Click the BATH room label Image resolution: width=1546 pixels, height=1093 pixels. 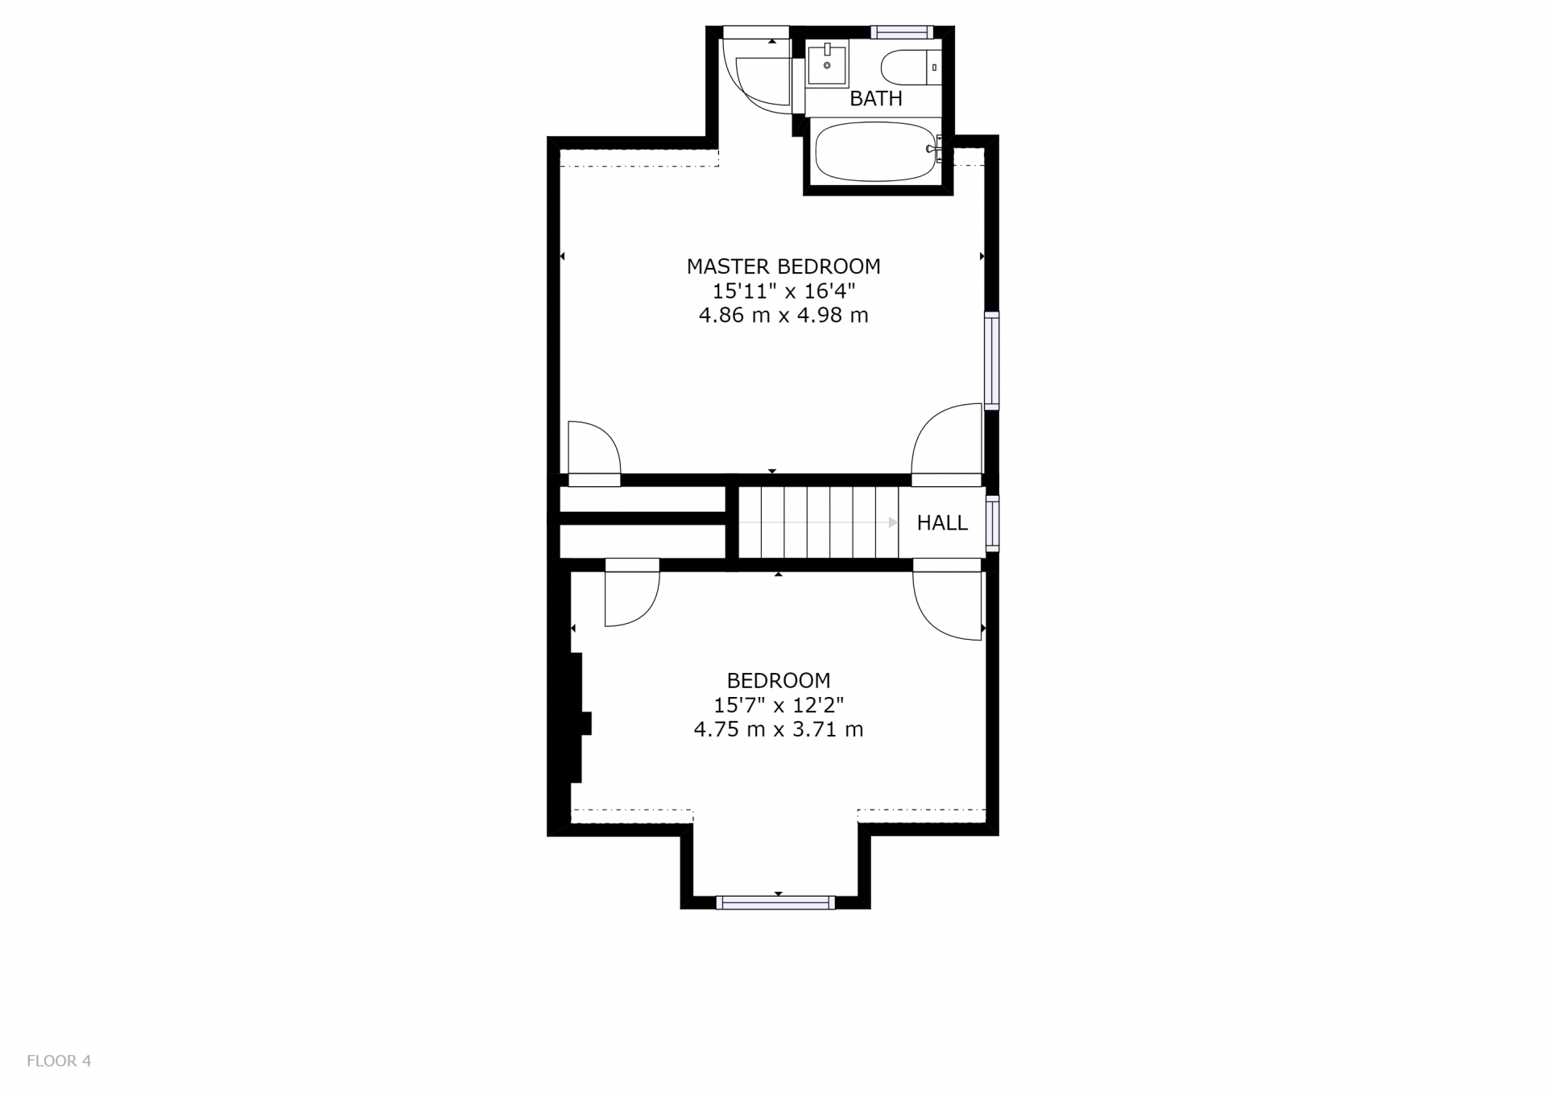click(876, 99)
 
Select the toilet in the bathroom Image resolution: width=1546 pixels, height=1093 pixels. click(911, 68)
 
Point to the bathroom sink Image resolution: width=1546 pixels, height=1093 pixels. click(828, 64)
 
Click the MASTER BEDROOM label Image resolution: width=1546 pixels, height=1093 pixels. click(783, 266)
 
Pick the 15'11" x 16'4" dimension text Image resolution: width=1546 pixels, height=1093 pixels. click(783, 291)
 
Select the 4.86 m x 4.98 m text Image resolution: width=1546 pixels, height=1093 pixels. click(783, 316)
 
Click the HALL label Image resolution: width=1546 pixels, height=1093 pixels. click(942, 523)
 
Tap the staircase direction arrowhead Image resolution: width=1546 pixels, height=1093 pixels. click(893, 522)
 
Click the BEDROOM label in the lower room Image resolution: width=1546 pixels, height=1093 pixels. click(779, 681)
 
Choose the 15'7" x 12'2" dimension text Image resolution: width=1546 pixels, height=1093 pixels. click(779, 706)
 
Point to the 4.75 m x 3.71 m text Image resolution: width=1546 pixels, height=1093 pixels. click(779, 730)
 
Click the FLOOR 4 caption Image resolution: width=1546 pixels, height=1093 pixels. click(59, 1061)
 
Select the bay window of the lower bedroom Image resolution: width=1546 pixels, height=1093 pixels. click(775, 902)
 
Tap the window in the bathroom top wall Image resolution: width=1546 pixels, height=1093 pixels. click(902, 32)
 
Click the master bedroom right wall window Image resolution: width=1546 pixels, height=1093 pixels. click(992, 361)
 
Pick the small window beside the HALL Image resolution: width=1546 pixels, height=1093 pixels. click(993, 524)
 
